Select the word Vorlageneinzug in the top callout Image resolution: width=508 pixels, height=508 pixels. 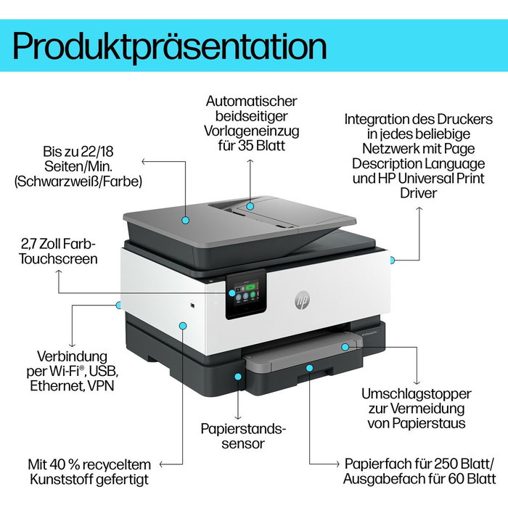click(251, 132)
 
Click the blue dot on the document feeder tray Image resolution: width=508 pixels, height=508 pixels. click(250, 205)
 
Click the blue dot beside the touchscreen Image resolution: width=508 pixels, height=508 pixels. click(232, 292)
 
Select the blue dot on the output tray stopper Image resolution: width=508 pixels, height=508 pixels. click(346, 348)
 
